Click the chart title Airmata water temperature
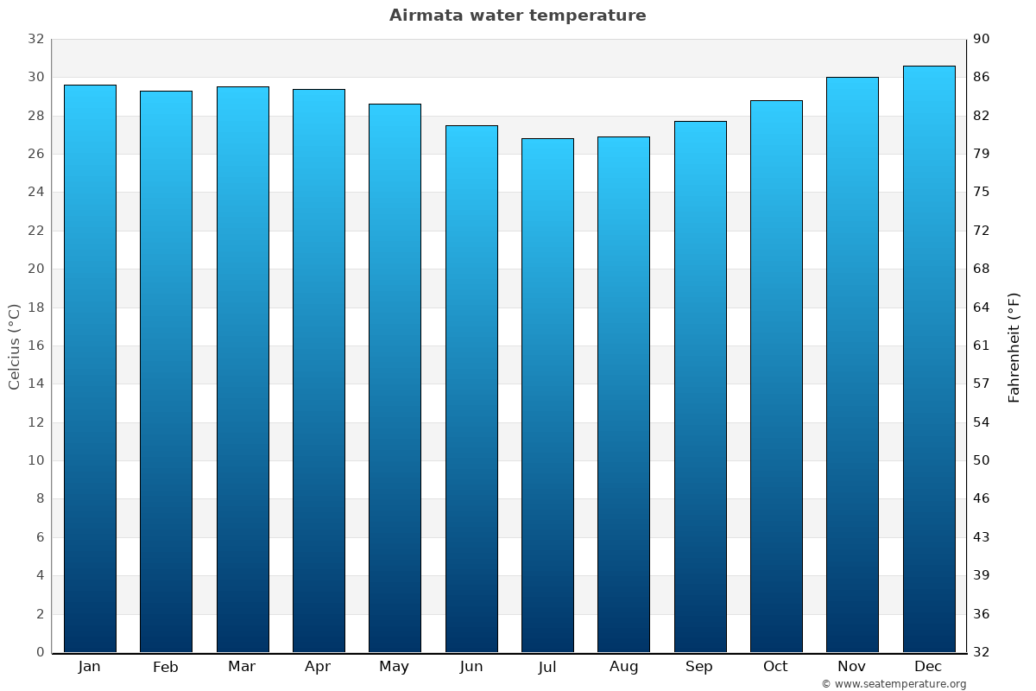517,16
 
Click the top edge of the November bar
852,78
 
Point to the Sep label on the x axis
699,667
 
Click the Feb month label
166,667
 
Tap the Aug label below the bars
623,667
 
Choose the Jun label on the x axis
471,667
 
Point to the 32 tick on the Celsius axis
35,39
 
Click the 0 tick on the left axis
40,652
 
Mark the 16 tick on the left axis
35,345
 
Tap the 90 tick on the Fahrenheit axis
982,39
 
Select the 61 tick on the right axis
982,345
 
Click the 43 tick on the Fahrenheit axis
982,537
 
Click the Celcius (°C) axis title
15,345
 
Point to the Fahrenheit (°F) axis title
1014,346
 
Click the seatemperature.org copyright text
893,684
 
